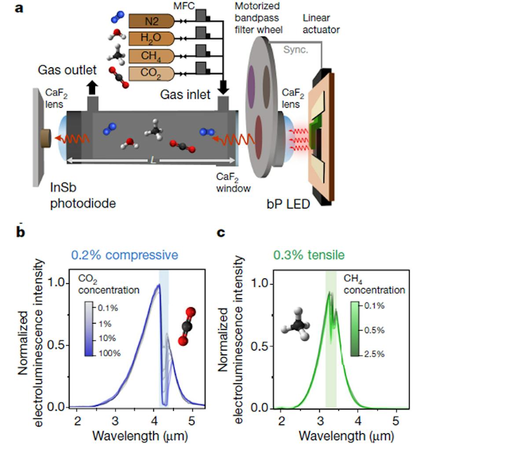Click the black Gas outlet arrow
(92, 88)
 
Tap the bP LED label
(288, 204)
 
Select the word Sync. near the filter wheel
(295, 50)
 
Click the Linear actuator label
(321, 24)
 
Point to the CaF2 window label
(233, 183)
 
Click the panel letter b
(20, 232)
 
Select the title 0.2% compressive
(125, 255)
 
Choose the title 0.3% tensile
(309, 255)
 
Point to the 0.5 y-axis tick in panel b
(58, 345)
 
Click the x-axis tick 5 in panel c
(396, 421)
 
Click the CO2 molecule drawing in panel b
(187, 326)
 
